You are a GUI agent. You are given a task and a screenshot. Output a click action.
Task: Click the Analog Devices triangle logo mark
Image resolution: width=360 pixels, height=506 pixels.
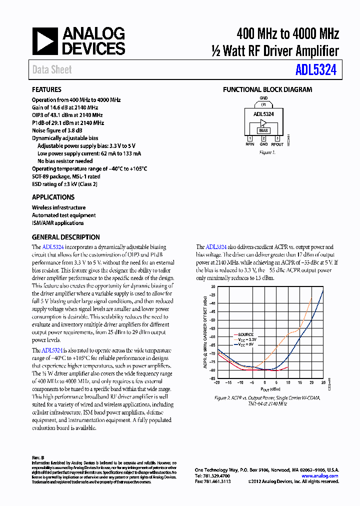46,41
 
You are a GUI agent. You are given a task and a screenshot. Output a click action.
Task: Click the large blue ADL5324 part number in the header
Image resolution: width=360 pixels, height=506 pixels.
315,70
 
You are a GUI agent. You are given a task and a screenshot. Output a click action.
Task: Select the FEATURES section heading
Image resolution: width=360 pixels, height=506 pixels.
46,90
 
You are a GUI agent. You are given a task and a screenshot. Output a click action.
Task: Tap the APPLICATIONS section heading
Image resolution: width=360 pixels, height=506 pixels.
53,197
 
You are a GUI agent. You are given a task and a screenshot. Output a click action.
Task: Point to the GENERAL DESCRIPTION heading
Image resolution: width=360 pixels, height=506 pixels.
65,237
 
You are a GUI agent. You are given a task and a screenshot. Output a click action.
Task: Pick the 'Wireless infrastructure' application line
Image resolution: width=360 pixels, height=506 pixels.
58,207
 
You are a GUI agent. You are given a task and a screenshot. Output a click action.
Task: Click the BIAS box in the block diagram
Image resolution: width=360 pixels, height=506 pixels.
263,130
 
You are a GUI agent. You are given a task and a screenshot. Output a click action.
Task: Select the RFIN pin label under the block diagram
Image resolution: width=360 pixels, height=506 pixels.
250,144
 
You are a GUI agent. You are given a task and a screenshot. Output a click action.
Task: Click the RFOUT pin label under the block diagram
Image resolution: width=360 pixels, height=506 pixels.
277,144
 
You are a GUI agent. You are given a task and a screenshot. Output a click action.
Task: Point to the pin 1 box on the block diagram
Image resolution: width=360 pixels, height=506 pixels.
250,138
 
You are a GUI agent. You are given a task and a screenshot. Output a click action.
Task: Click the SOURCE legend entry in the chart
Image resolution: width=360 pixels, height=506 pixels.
245,334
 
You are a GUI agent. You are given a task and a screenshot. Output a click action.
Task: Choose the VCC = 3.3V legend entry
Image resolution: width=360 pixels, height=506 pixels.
244,339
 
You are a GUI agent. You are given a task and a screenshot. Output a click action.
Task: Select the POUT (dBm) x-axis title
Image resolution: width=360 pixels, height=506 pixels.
269,389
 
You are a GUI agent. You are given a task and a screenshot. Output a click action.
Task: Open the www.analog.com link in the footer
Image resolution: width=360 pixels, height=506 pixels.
319,476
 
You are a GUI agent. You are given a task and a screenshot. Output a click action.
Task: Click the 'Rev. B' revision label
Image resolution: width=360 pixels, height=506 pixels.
38,457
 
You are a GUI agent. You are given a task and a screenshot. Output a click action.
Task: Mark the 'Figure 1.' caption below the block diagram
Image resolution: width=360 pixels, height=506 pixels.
267,152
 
